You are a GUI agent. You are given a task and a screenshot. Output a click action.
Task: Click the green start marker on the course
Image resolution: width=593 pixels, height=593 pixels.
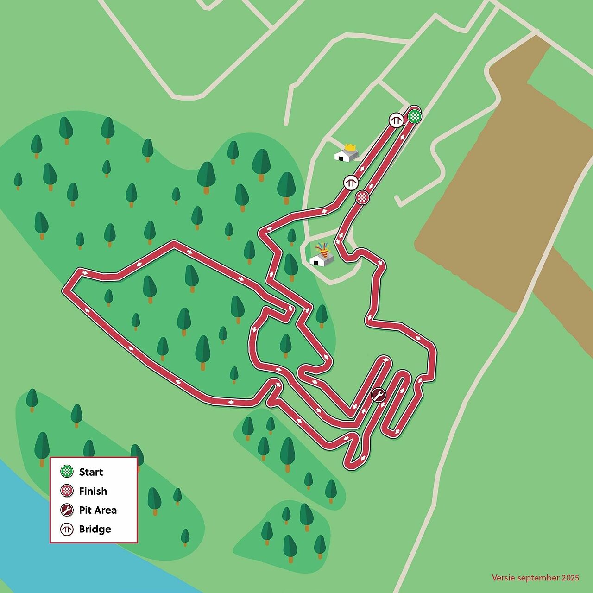tap(415, 116)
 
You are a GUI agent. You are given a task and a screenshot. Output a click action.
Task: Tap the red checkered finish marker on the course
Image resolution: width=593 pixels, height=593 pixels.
tap(362, 197)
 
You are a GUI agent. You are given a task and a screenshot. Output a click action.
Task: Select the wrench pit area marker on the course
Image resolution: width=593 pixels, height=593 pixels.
tap(379, 395)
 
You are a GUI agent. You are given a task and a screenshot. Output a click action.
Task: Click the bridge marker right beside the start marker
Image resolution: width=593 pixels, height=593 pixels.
tap(396, 120)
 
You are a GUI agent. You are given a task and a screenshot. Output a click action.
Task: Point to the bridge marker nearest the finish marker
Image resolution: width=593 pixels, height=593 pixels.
tap(351, 183)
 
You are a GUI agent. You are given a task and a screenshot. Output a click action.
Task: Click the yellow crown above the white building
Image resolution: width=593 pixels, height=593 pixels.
tap(350, 147)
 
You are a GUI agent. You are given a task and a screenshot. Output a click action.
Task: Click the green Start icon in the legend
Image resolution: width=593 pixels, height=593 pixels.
tap(68, 472)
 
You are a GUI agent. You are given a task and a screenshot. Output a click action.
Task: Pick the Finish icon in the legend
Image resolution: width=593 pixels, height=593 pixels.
tap(68, 491)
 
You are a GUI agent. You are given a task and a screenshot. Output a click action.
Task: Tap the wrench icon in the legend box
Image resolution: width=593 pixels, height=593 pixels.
tap(68, 510)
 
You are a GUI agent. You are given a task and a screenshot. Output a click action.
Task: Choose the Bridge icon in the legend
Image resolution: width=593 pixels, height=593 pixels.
tap(68, 529)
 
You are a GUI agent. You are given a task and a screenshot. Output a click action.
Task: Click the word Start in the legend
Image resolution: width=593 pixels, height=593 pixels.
tap(91, 472)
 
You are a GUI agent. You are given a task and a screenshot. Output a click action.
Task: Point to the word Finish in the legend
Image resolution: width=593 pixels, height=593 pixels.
tap(93, 491)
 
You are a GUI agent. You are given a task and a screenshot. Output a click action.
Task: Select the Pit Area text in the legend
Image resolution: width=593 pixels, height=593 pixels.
tap(98, 510)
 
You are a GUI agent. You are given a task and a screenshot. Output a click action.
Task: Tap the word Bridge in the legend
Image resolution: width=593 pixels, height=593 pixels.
tap(95, 529)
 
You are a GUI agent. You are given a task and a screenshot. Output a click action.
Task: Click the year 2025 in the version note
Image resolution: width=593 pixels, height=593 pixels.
tap(570, 578)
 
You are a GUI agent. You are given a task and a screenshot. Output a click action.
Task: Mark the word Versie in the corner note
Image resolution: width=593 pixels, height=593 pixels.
tap(503, 578)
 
